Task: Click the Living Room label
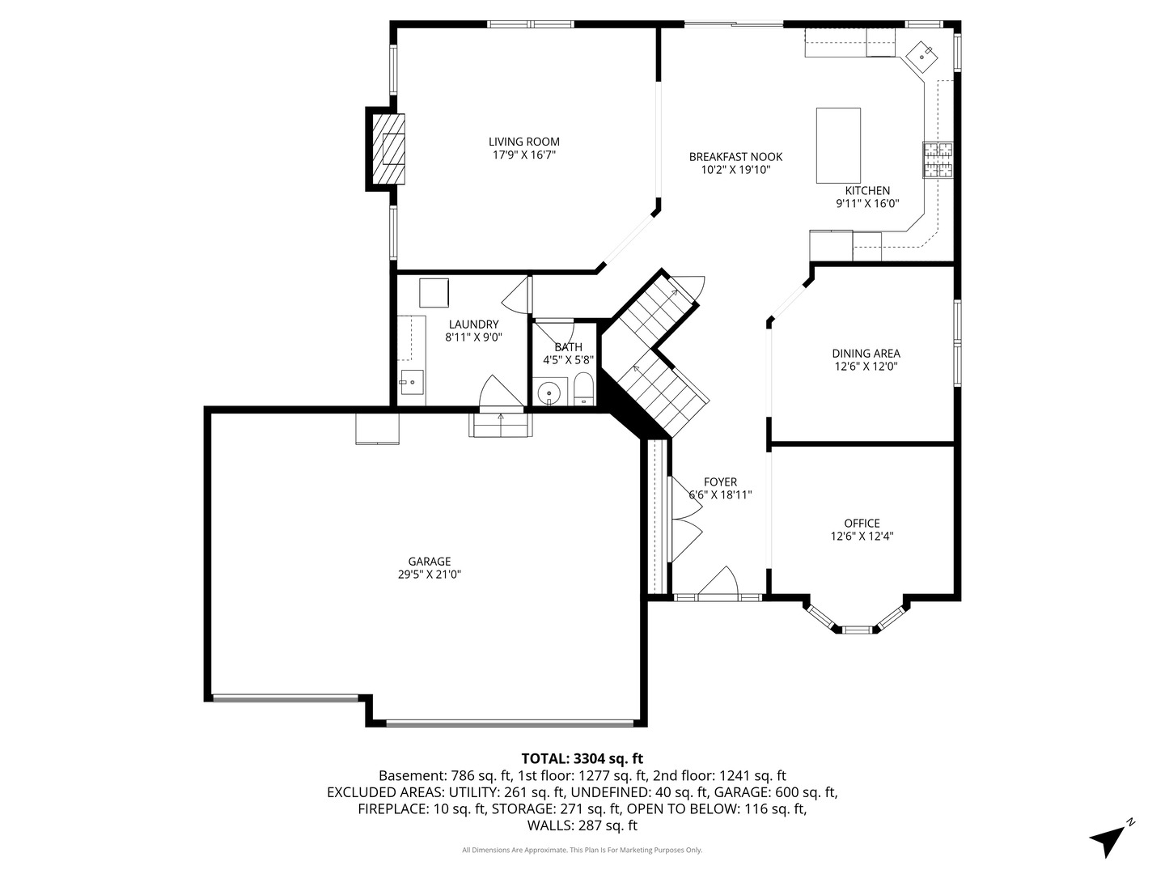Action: [523, 142]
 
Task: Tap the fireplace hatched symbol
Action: [390, 149]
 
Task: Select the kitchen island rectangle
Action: [838, 146]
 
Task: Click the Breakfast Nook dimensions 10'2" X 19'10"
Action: [735, 170]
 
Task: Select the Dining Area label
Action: [866, 353]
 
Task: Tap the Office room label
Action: [862, 523]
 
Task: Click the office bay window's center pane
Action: [857, 628]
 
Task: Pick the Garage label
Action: [429, 561]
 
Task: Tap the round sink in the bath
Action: [550, 394]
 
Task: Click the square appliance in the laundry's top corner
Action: [434, 293]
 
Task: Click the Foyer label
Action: [720, 482]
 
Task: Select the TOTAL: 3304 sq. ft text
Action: [582, 758]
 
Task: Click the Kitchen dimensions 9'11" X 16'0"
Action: [867, 204]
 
